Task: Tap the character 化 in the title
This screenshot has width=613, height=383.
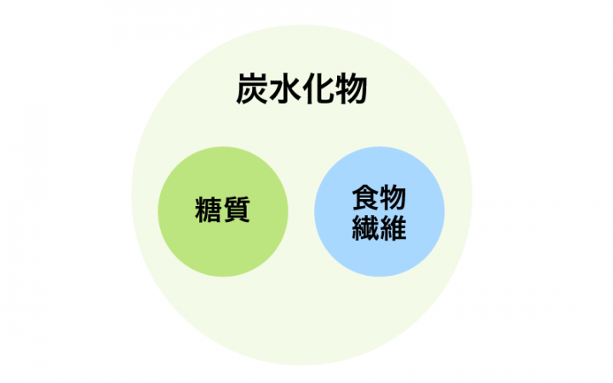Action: [x=318, y=89]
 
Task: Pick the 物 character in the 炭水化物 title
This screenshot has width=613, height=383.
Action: [x=351, y=89]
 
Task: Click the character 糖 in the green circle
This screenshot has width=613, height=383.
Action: [x=209, y=210]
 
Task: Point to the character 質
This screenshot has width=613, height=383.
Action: [x=237, y=210]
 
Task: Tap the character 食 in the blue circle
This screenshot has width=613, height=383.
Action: [x=365, y=197]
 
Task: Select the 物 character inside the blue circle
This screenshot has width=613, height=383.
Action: [x=392, y=197]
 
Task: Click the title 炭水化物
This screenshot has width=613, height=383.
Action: [x=301, y=89]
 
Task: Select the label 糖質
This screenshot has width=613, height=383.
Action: [x=222, y=210]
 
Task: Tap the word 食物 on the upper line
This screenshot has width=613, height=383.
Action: [x=379, y=197]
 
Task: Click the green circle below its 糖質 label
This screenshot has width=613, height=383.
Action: [x=223, y=250]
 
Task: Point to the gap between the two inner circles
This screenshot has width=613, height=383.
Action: [x=301, y=212]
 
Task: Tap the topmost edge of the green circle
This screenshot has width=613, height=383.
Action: [x=223, y=147]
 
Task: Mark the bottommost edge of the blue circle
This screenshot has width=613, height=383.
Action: [x=379, y=277]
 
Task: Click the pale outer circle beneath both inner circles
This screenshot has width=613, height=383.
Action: [x=301, y=321]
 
